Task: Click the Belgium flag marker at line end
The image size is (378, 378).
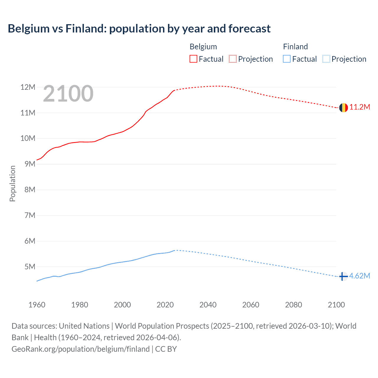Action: [x=343, y=108]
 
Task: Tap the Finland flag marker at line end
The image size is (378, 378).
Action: [x=343, y=276]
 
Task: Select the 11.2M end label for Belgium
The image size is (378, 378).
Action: [x=360, y=107]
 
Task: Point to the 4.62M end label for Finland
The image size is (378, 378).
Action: [x=359, y=276]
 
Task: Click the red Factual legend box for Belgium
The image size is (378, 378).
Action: [x=193, y=59]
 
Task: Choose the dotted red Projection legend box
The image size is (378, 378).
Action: [x=233, y=59]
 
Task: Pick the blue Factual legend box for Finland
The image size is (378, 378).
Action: [x=287, y=59]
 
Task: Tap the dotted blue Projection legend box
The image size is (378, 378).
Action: [x=326, y=59]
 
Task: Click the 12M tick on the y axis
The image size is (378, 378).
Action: [x=28, y=87]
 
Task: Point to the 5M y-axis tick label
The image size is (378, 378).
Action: [x=30, y=267]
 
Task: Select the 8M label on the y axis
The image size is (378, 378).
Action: [x=30, y=190]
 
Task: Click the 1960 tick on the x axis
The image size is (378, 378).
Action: [x=37, y=305]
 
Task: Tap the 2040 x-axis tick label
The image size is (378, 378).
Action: [x=208, y=305]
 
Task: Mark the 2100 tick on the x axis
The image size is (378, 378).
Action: [x=336, y=305]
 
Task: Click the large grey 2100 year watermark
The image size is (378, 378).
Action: [x=68, y=94]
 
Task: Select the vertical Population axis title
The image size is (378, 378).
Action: [x=12, y=183]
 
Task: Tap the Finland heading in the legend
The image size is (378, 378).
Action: [x=295, y=47]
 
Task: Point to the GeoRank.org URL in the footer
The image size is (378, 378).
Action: [x=80, y=349]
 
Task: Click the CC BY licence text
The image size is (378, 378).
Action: [x=166, y=349]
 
